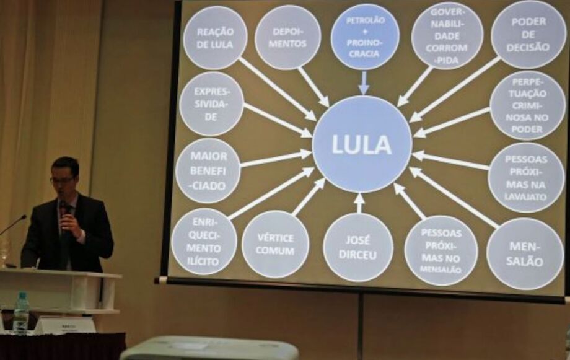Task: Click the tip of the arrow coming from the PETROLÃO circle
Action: pyautogui.click(x=364, y=95)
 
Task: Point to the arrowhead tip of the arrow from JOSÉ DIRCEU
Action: pyautogui.click(x=359, y=193)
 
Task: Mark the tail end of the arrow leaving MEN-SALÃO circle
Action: pyautogui.click(x=498, y=228)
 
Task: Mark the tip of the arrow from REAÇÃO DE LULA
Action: pyautogui.click(x=316, y=120)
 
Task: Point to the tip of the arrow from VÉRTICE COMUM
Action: pyautogui.click(x=325, y=178)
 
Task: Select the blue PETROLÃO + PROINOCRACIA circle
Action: pyautogui.click(x=365, y=37)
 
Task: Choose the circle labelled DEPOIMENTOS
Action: pyautogui.click(x=288, y=37)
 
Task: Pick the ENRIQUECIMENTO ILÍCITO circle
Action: pyautogui.click(x=204, y=242)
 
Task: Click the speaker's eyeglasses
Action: pyautogui.click(x=62, y=179)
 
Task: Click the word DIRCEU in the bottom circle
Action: pyautogui.click(x=357, y=255)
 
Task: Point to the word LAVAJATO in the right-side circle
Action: pyautogui.click(x=525, y=196)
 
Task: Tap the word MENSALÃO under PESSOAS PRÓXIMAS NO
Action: pyautogui.click(x=441, y=270)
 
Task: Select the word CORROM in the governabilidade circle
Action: pyautogui.click(x=447, y=48)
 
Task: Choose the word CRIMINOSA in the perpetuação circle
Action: pyautogui.click(x=527, y=112)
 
